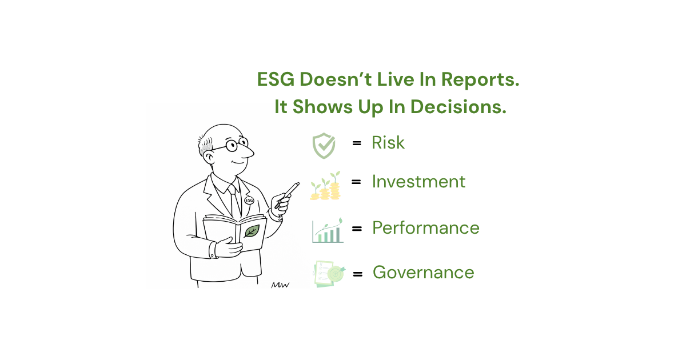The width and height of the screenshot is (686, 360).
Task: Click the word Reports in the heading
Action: [480, 79]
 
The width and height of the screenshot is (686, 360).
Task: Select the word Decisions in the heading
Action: [458, 107]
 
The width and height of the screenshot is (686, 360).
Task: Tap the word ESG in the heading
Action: [276, 79]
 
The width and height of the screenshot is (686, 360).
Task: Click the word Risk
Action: [388, 142]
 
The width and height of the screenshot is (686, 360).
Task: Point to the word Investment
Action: [418, 181]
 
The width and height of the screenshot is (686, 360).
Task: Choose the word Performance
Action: [426, 228]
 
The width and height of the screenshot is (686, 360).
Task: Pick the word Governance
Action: [423, 272]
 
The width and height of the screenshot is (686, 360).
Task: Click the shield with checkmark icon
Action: [324, 146]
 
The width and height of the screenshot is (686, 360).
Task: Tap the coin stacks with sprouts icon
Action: [325, 186]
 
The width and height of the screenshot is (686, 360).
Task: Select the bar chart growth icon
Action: [328, 230]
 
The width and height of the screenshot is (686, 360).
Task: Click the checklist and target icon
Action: [329, 274]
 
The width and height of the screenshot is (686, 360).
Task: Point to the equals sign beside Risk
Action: [357, 143]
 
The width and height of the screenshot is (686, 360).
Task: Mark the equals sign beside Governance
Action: [358, 274]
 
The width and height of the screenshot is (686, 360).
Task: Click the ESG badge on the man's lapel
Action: [249, 201]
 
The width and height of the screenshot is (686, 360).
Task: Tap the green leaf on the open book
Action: [252, 231]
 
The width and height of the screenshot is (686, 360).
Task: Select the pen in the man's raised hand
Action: [287, 195]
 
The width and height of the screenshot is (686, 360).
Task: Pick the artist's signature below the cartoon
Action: [280, 285]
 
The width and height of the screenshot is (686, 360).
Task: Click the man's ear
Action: [209, 158]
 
